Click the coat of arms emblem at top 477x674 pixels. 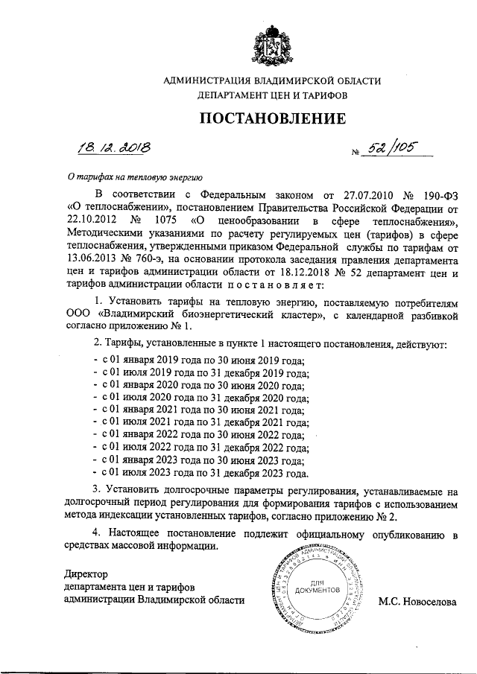point(272,43)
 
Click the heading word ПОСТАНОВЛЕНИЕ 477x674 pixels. point(272,118)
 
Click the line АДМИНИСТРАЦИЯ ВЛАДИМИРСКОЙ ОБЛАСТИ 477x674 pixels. point(272,80)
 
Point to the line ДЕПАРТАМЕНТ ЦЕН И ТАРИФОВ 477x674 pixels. point(272,95)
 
